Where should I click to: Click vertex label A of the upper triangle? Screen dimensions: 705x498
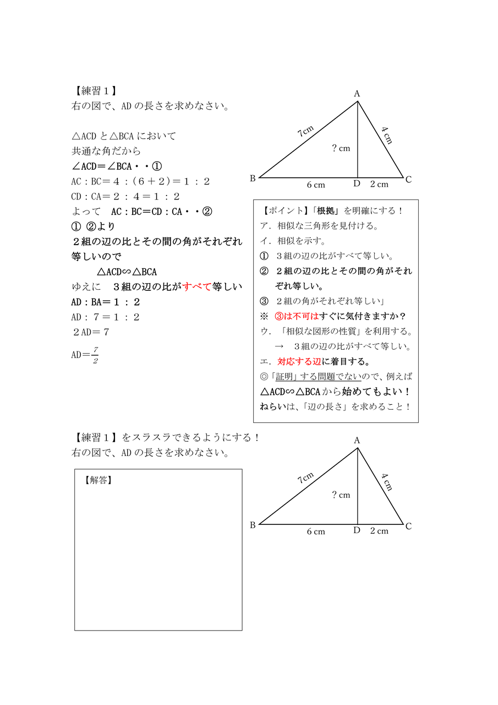(357, 94)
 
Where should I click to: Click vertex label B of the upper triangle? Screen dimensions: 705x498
(253, 178)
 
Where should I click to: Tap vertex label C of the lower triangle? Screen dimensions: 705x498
(408, 527)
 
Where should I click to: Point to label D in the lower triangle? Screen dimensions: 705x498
(357, 530)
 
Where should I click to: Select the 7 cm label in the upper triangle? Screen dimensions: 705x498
(305, 132)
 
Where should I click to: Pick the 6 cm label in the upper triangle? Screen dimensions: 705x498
(316, 185)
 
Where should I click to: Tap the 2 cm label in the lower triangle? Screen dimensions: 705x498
(379, 531)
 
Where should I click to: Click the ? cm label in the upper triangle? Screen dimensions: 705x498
(341, 148)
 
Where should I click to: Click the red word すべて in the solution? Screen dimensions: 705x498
(197, 286)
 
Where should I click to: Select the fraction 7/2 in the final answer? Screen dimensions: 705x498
(95, 355)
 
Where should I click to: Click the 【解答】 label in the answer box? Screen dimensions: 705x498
(98, 480)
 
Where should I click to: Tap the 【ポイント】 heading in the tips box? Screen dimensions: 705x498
(284, 210)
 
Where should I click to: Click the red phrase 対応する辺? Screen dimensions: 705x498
(299, 362)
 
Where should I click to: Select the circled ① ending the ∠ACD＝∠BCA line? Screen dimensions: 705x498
(156, 166)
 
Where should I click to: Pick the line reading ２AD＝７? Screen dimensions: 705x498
(91, 332)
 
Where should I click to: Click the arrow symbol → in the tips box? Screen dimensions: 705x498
(279, 346)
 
